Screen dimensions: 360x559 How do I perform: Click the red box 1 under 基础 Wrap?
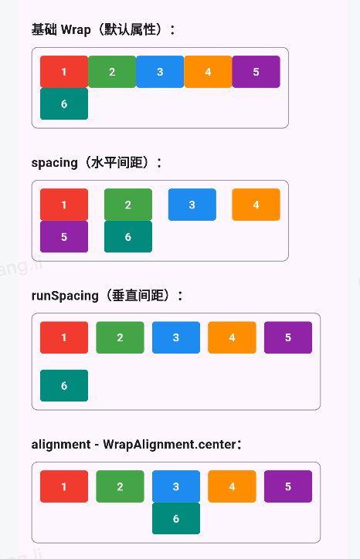point(64,72)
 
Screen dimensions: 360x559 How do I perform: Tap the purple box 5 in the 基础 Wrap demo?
point(256,72)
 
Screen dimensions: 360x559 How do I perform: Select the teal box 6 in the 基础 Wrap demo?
point(64,103)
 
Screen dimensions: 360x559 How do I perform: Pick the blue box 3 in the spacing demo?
point(192,205)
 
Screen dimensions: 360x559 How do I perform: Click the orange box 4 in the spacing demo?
point(256,205)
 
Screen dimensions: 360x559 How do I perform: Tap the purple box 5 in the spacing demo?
point(64,237)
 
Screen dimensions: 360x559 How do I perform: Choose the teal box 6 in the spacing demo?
point(128,237)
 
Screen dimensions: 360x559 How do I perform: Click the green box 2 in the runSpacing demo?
point(121,337)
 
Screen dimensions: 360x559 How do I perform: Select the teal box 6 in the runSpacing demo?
point(64,385)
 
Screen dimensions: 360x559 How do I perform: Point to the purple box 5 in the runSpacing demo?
point(288,337)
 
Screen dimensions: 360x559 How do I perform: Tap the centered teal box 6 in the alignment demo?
point(176,518)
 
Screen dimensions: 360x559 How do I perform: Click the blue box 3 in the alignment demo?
point(176,486)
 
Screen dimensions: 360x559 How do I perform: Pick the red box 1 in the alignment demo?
point(64,486)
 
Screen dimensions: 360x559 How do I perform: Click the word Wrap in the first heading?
point(76,29)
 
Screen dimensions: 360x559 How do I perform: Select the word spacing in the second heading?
point(55,163)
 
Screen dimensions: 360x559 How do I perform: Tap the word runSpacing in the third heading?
point(65,296)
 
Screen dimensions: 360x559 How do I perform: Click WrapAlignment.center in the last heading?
point(170,445)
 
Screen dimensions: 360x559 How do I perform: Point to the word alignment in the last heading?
point(61,445)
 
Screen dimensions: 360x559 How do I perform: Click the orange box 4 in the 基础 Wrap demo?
point(208,72)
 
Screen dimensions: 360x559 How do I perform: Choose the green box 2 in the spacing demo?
point(128,205)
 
